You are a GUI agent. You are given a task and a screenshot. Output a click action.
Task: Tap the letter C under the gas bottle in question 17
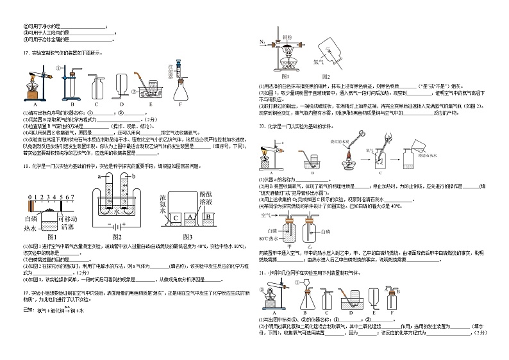(96, 104)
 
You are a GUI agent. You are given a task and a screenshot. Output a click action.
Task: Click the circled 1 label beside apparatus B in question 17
(58, 67)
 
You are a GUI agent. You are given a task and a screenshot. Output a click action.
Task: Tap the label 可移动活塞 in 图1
(67, 223)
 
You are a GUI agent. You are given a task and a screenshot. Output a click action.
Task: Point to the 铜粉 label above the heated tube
(287, 38)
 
